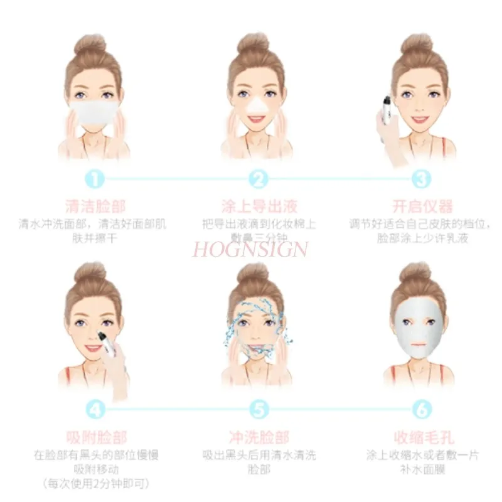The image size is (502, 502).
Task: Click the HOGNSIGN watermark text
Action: point(250,249)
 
